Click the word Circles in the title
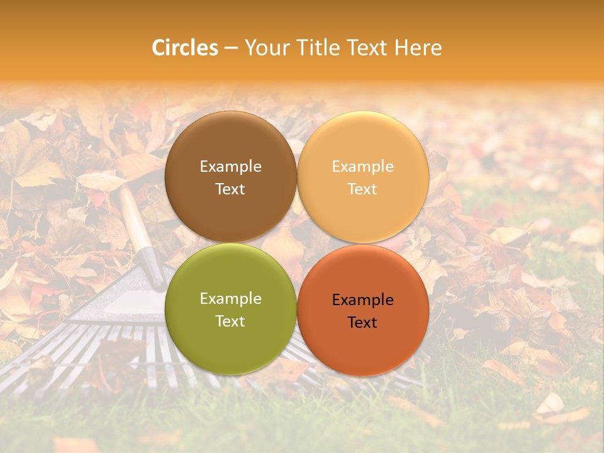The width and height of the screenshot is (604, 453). (x=185, y=48)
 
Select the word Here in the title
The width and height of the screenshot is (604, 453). (x=418, y=48)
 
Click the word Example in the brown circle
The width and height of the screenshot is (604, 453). (x=230, y=167)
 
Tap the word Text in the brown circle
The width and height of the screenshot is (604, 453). (x=230, y=189)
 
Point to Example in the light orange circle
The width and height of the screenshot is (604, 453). (x=363, y=167)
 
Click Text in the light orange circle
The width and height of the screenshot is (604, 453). (x=363, y=189)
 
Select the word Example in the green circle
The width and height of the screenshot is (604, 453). (x=230, y=299)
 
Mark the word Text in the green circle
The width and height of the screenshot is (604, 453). (x=230, y=322)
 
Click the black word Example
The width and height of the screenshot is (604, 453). (x=363, y=300)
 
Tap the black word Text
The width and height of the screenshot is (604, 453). (x=363, y=323)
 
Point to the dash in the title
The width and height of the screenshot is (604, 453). (x=231, y=48)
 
